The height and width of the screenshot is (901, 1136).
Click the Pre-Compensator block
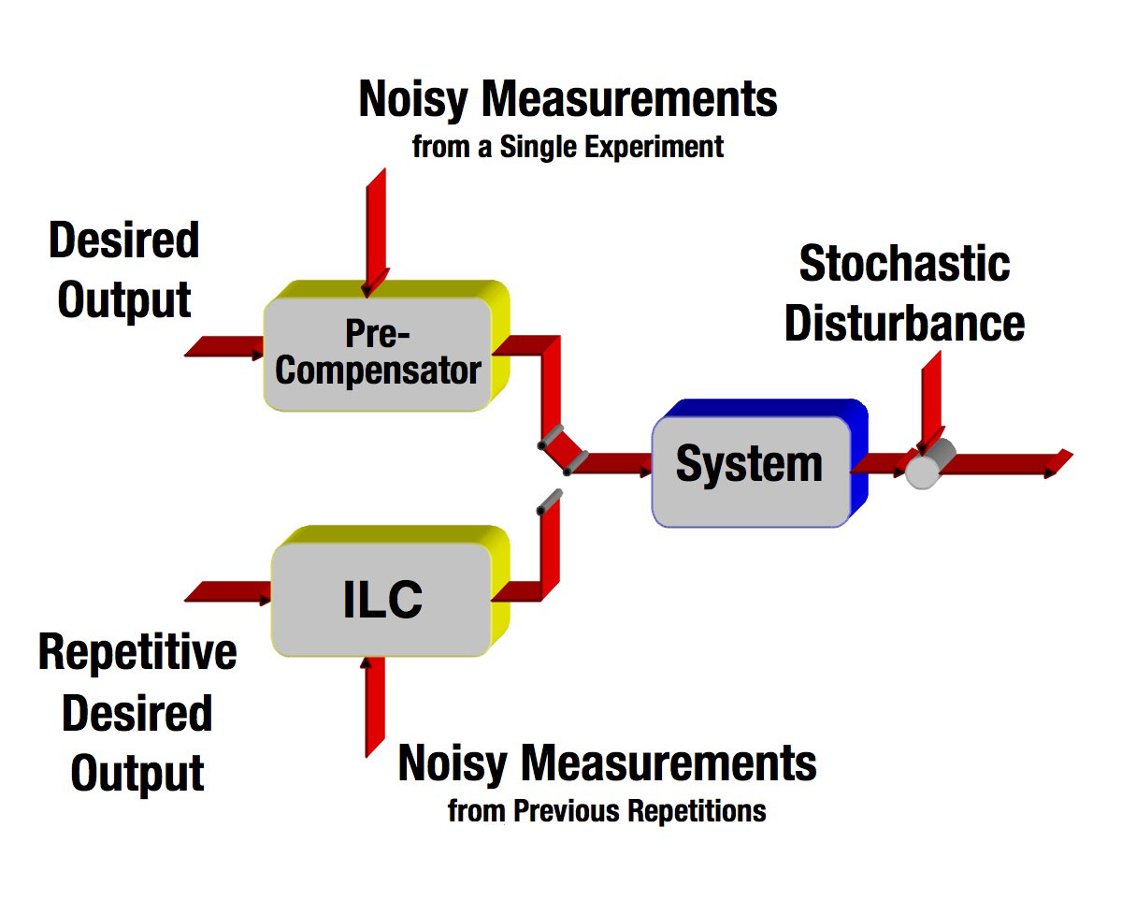coord(378,353)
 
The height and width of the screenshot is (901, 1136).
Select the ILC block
coord(381,600)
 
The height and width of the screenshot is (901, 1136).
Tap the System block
coord(751,463)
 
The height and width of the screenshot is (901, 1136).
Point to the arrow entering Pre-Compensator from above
coord(376,229)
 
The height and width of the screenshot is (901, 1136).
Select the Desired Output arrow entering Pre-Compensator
coord(225,348)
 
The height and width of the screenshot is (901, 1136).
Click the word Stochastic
coord(904,264)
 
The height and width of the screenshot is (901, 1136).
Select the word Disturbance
coord(904,323)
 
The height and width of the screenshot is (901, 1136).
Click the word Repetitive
coord(137,652)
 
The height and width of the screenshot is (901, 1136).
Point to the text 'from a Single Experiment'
coord(568,147)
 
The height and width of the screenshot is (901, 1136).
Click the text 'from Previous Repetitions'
coord(607,810)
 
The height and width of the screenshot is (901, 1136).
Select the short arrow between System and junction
coord(879,462)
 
